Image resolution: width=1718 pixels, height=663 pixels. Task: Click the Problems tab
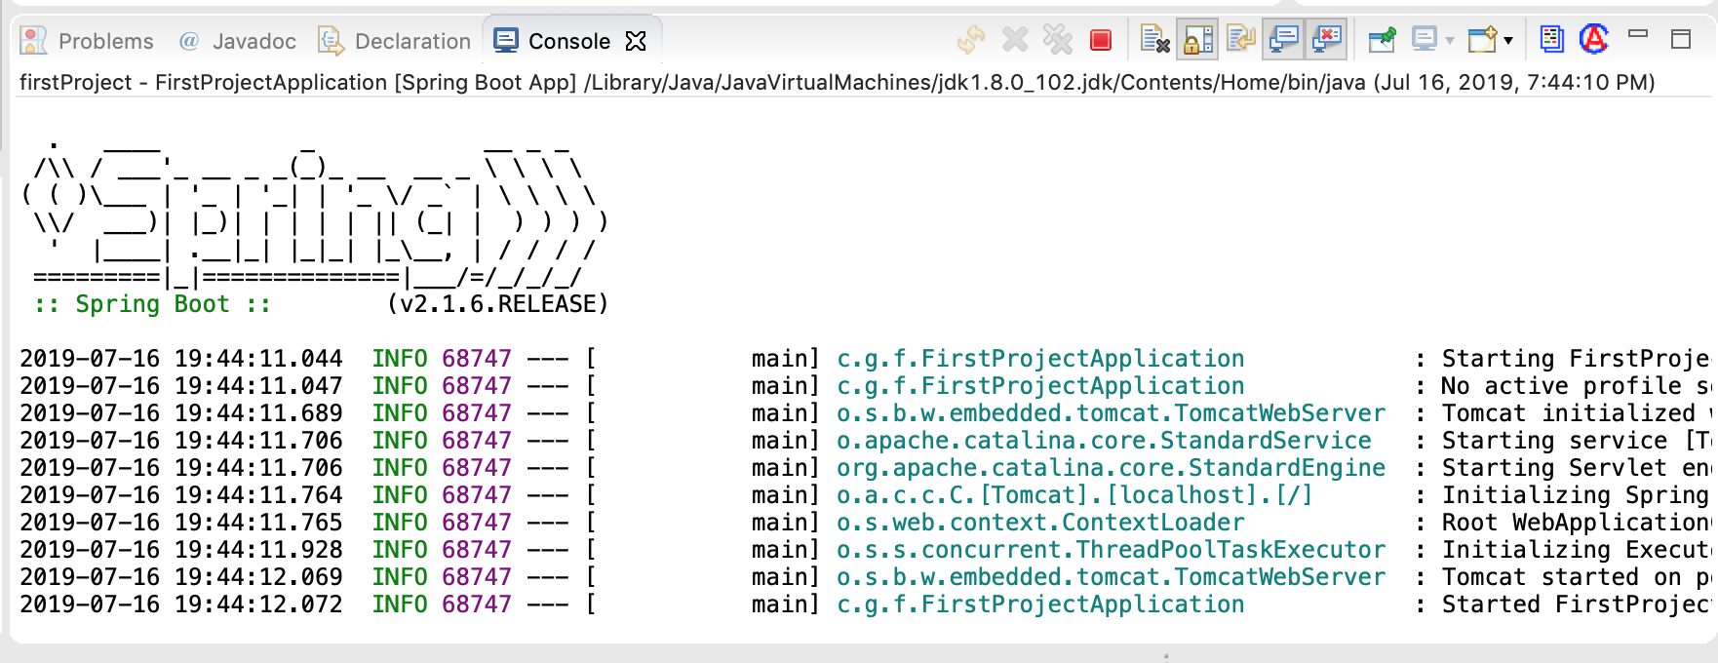[x=105, y=41]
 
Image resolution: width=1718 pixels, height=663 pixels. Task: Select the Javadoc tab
[x=254, y=41]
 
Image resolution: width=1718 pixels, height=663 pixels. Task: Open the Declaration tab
[x=411, y=41]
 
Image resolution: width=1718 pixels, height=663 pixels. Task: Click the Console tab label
[x=568, y=41]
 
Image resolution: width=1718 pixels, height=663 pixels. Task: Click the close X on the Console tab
[x=636, y=41]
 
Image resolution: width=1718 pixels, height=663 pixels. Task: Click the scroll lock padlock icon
[x=1197, y=40]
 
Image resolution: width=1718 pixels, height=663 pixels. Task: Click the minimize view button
[x=1638, y=35]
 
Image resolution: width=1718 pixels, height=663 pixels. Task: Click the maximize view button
[x=1680, y=39]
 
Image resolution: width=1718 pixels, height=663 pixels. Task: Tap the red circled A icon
[x=1594, y=39]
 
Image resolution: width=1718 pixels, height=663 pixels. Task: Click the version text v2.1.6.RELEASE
[x=497, y=304]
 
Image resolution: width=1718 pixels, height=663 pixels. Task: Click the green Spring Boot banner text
[x=152, y=304]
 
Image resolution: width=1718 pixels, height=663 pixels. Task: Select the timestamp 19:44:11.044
[x=258, y=359]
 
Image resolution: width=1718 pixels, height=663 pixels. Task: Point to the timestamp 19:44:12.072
[x=258, y=604]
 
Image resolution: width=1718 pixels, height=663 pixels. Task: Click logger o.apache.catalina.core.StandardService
[x=1104, y=441]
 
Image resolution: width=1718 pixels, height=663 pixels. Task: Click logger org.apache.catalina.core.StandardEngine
[x=1111, y=468]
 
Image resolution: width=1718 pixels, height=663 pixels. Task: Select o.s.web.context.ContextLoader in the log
[x=1040, y=523]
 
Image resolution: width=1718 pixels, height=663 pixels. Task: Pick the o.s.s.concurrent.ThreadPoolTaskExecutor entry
[x=1111, y=550]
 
